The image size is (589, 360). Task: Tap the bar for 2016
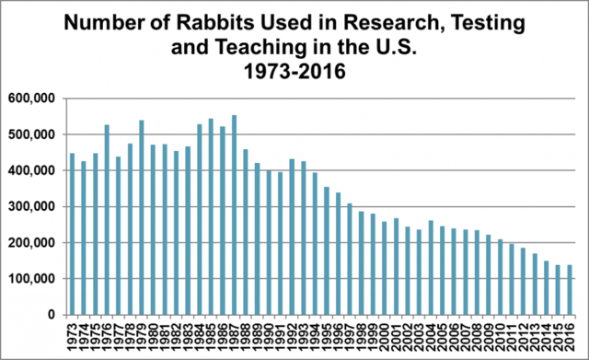pyautogui.click(x=571, y=289)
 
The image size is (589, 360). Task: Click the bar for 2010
pyautogui.click(x=502, y=276)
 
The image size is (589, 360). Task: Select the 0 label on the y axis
pyautogui.click(x=53, y=315)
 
